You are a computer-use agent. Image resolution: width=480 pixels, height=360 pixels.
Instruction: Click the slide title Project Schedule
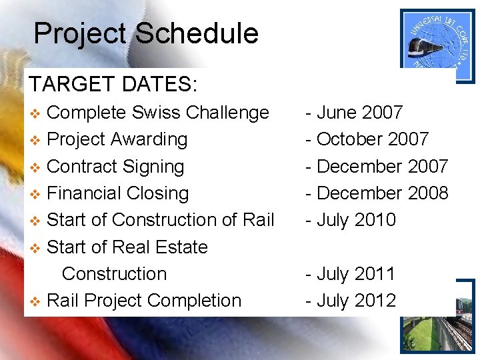click(x=145, y=33)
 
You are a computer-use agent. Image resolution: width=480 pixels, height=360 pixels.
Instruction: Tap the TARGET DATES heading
click(x=113, y=85)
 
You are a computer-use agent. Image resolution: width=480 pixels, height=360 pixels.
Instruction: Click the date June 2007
click(x=354, y=113)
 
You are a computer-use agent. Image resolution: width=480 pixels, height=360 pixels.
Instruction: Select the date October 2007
click(x=367, y=139)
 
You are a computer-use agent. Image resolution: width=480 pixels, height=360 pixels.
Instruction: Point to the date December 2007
click(x=377, y=167)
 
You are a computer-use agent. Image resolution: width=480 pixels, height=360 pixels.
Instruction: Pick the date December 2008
click(x=377, y=193)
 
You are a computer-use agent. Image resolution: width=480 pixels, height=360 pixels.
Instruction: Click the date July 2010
click(x=351, y=220)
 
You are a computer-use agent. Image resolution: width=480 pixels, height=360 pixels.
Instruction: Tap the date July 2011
click(x=351, y=274)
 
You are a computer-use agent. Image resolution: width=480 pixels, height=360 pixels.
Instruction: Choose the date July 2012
click(x=351, y=301)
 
